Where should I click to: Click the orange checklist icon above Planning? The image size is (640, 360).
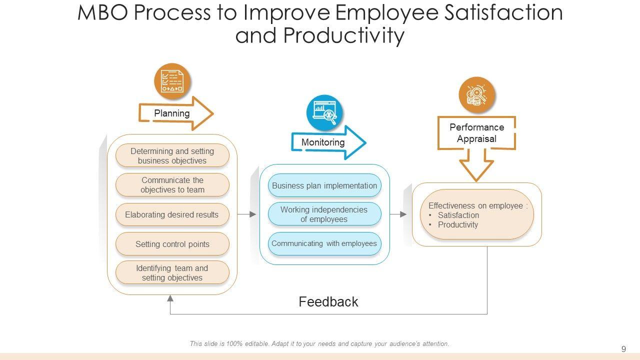point(172,81)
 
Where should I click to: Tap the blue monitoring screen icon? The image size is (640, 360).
point(324,113)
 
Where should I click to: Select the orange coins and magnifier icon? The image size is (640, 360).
point(477,95)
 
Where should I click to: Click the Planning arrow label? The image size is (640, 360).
point(171,113)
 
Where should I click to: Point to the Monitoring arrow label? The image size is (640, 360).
point(323,142)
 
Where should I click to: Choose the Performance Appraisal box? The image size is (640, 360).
point(476,133)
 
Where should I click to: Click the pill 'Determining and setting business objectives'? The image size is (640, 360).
point(172,155)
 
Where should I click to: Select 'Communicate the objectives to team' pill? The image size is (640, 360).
point(172,185)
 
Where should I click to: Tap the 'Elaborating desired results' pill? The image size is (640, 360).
point(172,214)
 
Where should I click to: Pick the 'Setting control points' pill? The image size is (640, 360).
point(172,244)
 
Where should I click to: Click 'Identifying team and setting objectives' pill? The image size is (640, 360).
point(172,272)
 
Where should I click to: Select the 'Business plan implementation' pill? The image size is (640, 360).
point(324,185)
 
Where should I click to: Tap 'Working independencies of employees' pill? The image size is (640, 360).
point(324,214)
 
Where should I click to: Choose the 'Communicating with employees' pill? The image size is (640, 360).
point(324,243)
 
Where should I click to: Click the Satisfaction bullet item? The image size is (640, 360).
point(454,215)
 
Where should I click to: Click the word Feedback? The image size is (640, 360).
point(328,301)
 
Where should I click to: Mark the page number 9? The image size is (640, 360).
point(623,349)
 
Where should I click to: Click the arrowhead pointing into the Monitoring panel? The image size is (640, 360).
point(253,214)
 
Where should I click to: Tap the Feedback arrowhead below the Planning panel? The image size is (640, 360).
point(170,298)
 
